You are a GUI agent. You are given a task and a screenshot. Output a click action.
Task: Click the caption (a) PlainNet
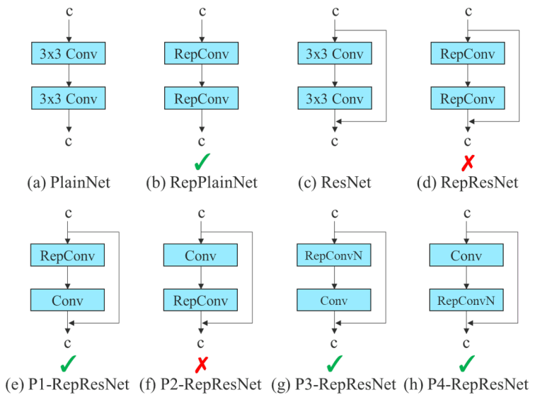[x=69, y=183]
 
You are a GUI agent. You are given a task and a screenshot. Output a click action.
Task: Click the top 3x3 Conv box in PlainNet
[x=69, y=53]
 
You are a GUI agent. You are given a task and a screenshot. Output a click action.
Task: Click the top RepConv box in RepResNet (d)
[x=466, y=53]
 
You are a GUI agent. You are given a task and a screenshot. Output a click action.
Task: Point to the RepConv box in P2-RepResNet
[x=202, y=299]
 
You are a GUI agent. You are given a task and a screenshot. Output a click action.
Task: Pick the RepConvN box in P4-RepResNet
[x=466, y=299]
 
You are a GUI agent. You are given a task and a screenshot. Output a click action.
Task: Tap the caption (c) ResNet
[x=334, y=183]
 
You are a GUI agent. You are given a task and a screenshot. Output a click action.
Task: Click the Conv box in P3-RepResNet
[x=334, y=299]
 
